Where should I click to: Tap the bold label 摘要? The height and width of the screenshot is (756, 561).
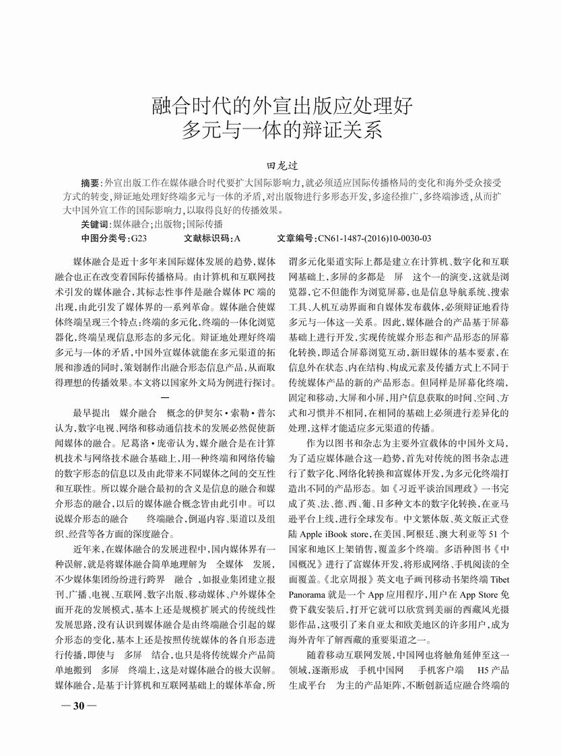pos(90,182)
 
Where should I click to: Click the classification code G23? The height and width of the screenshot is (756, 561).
pos(139,238)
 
